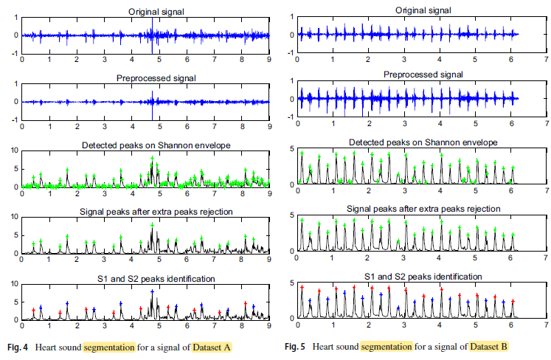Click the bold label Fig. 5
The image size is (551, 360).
point(297,346)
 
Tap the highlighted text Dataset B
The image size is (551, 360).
point(488,346)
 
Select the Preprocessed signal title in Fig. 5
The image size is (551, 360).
point(422,75)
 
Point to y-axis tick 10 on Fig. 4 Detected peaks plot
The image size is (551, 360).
point(14,150)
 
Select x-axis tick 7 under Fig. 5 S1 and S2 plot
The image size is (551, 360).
point(546,325)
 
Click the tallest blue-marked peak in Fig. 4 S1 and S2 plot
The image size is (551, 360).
point(152,292)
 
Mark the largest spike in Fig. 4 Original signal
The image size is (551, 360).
point(152,35)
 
